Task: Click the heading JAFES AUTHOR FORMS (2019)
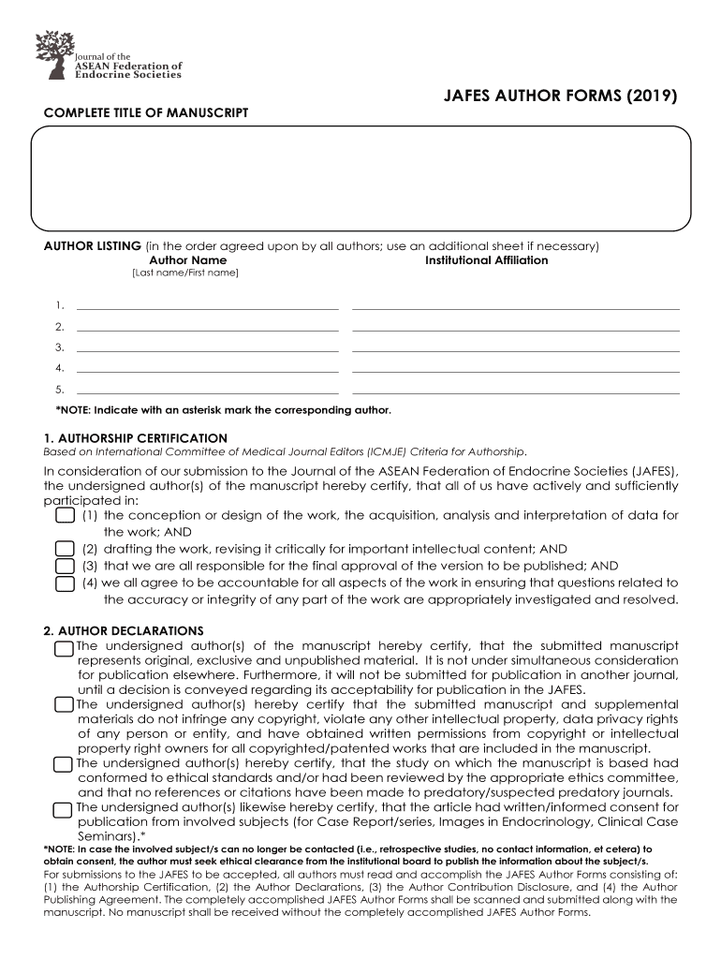(559, 96)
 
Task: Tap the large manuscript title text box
(360, 178)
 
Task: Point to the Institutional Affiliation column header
(486, 259)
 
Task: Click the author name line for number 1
(207, 305)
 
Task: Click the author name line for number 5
(207, 391)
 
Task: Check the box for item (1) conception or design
(65, 516)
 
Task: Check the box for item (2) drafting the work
(65, 549)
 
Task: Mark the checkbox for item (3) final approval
(65, 566)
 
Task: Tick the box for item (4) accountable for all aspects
(65, 583)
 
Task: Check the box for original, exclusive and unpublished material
(64, 648)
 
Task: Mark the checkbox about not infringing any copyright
(64, 705)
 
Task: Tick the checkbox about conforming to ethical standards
(64, 764)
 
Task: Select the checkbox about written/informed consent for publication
(64, 809)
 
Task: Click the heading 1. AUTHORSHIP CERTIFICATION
(136, 437)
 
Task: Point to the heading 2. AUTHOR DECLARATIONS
(124, 630)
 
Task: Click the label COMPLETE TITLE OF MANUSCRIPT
(146, 113)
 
